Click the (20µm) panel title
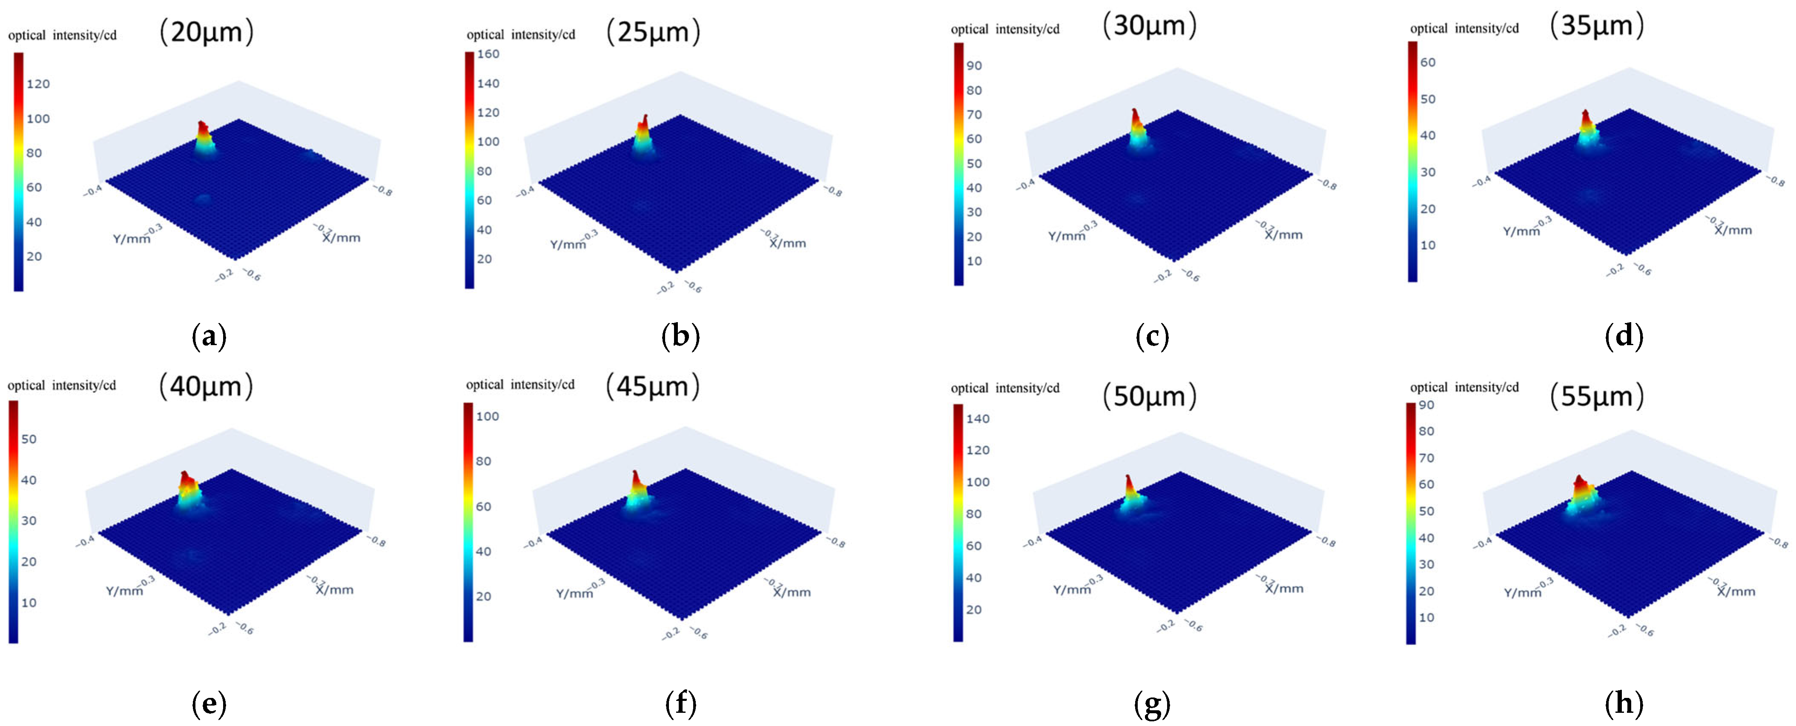207,32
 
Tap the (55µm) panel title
1597,397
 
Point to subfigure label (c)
1152,337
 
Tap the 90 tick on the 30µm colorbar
974,66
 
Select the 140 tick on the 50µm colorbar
978,419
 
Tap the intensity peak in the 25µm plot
645,120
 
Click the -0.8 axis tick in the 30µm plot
1326,186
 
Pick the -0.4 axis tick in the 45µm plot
534,542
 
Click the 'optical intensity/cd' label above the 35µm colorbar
1464,29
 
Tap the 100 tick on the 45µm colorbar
488,417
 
